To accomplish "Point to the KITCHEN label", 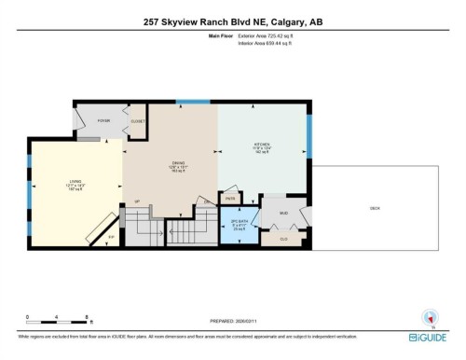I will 261,145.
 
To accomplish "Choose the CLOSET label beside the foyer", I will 138,121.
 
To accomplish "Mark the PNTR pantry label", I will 230,199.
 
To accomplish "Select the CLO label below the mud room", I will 283,239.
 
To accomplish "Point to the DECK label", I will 374,208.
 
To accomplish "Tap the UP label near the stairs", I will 136,201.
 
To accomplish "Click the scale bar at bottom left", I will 57,323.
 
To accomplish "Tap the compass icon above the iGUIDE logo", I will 428,317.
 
